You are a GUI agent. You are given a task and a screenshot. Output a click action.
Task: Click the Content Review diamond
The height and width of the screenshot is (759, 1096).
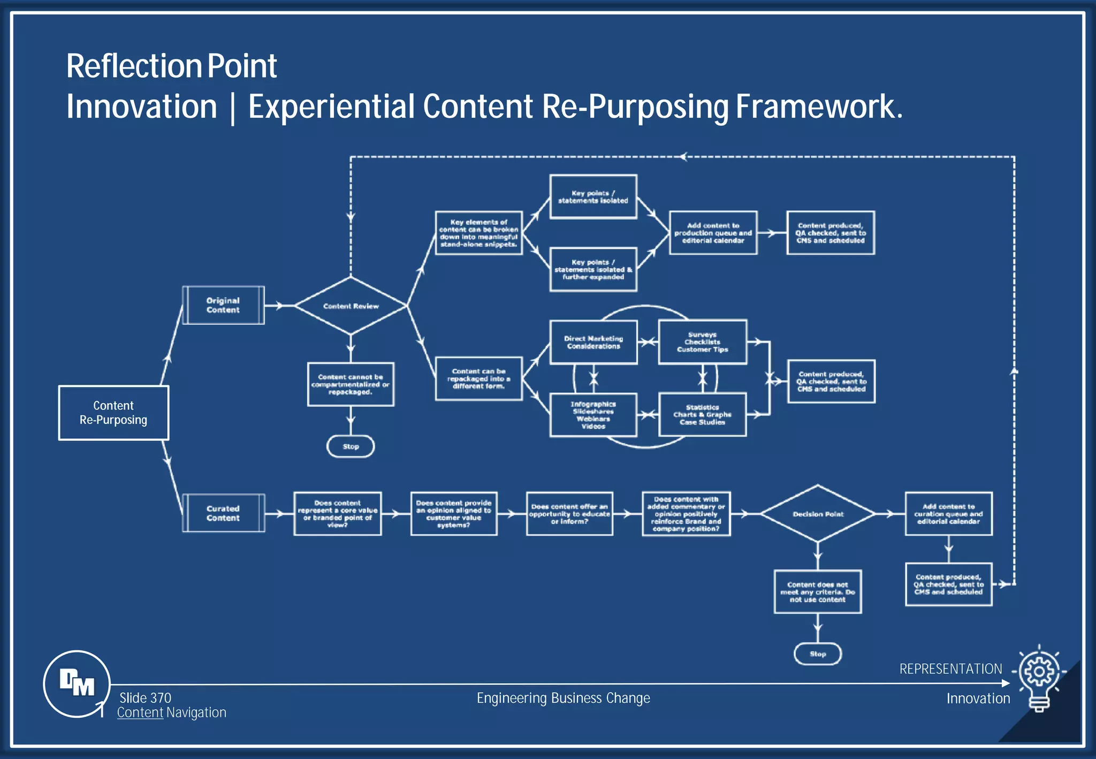(x=351, y=306)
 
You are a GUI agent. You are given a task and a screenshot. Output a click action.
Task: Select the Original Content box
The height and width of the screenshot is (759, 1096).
(x=223, y=305)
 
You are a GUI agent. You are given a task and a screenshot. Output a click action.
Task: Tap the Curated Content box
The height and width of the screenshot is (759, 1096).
(x=223, y=513)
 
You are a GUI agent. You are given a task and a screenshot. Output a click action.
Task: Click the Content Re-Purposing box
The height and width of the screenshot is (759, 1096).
(x=113, y=413)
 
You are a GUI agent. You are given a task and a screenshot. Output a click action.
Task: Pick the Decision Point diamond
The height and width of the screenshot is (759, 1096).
(x=818, y=514)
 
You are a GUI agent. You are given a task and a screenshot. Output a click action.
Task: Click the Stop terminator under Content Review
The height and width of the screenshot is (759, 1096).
(x=351, y=446)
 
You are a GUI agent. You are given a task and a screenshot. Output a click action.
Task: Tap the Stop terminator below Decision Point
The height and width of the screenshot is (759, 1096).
(x=818, y=654)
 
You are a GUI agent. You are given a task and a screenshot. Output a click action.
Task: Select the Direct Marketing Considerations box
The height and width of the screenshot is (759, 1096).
(x=593, y=343)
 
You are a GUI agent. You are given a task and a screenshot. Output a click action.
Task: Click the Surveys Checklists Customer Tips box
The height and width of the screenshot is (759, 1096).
(x=702, y=342)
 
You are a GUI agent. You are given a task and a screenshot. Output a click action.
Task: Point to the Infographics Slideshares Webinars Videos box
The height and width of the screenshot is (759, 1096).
(x=593, y=415)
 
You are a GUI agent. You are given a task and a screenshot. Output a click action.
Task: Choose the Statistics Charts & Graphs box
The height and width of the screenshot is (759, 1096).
(x=702, y=415)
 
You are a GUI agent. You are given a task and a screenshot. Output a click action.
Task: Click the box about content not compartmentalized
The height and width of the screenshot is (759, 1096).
(x=351, y=384)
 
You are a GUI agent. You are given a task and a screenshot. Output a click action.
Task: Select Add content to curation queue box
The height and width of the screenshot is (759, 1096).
(x=948, y=514)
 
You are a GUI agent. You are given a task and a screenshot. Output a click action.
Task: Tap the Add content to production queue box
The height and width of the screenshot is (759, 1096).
(x=713, y=233)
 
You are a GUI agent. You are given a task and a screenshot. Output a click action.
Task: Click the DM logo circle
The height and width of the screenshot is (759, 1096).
(x=77, y=684)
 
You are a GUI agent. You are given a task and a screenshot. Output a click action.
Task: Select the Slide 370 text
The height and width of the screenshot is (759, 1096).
(x=145, y=698)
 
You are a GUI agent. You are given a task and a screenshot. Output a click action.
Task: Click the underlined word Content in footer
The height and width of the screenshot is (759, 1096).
(x=140, y=712)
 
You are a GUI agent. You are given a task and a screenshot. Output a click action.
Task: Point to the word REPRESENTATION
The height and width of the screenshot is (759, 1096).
(x=950, y=669)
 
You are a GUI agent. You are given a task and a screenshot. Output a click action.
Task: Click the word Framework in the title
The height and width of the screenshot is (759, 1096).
(x=818, y=107)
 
